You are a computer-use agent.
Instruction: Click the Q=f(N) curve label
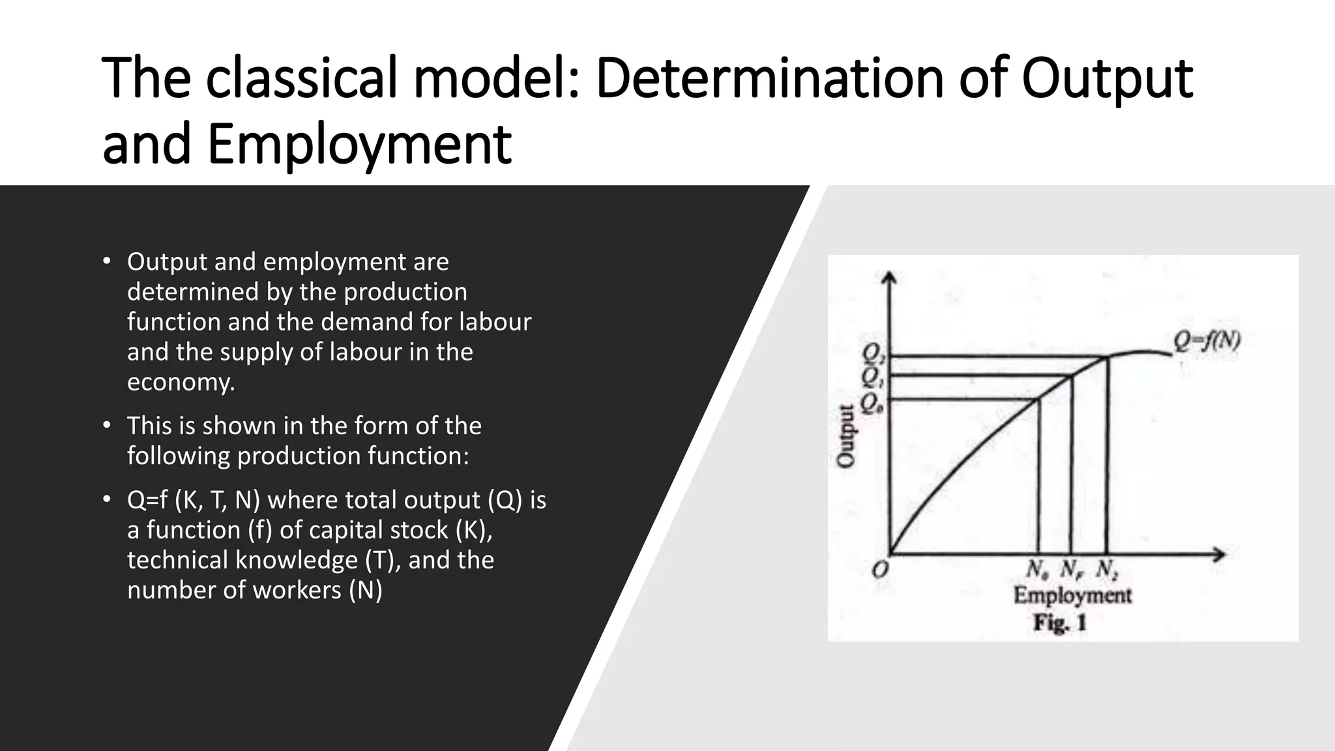(x=1207, y=341)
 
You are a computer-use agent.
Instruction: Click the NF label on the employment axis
(x=1070, y=570)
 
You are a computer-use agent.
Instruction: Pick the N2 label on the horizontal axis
(x=1107, y=570)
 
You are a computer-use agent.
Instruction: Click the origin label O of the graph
(x=880, y=570)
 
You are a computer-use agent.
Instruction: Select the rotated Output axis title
(x=845, y=435)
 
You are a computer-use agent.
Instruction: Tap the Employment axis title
(x=1072, y=595)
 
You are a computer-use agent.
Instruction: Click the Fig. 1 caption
(x=1060, y=623)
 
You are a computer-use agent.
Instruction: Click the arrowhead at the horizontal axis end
(x=1219, y=555)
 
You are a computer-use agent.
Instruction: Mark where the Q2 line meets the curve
(x=1106, y=357)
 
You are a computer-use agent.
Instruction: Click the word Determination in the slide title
(x=769, y=78)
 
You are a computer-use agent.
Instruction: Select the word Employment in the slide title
(x=359, y=145)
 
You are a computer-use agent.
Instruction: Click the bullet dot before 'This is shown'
(x=107, y=426)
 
